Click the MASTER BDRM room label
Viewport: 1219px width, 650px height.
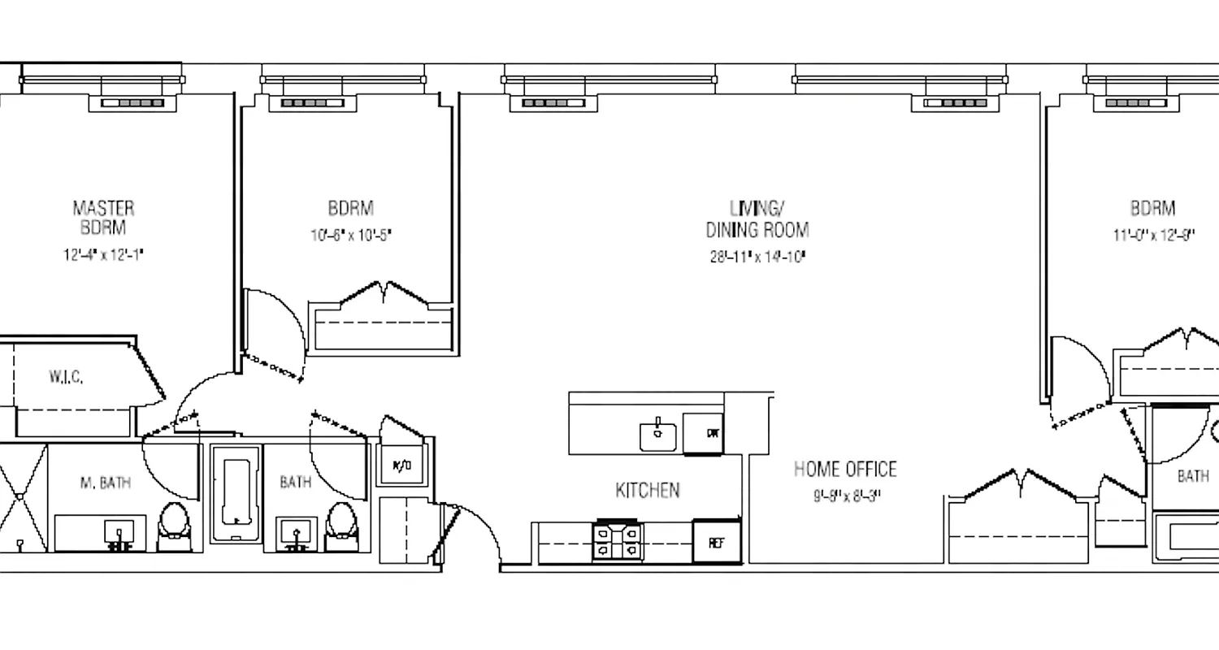(x=103, y=218)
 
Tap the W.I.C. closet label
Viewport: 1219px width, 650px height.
(x=65, y=377)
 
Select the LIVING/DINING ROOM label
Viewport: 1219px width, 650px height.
(x=757, y=218)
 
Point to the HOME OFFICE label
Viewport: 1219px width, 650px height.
(x=845, y=469)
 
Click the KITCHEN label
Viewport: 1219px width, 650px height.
(x=647, y=490)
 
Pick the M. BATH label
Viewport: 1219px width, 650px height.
(x=105, y=483)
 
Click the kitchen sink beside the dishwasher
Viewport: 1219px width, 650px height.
(x=659, y=435)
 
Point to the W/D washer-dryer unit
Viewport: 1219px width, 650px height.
(x=401, y=466)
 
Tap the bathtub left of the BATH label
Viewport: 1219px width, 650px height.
(x=236, y=492)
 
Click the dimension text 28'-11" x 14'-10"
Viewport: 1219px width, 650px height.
(x=757, y=258)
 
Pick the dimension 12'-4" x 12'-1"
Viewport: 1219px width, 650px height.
(x=103, y=254)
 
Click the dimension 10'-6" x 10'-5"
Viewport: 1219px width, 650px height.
(x=351, y=236)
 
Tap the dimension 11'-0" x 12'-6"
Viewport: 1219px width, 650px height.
(x=1153, y=236)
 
